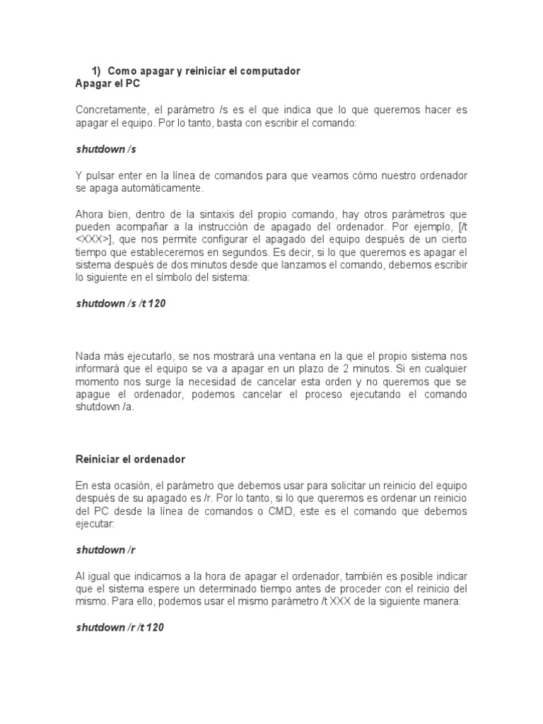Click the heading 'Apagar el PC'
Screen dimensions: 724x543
pos(107,84)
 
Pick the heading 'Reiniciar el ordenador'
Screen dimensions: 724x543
pos(130,459)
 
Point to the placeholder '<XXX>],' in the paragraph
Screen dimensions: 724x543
pos(97,240)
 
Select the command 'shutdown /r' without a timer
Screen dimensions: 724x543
pos(105,549)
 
